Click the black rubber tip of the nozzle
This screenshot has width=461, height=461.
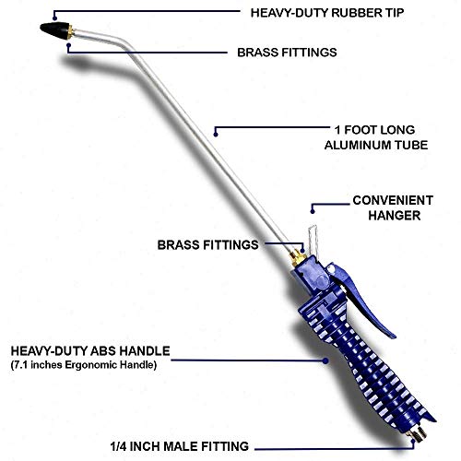click(54, 30)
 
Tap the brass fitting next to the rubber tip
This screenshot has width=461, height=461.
click(71, 32)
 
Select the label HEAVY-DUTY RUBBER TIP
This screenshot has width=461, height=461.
click(327, 13)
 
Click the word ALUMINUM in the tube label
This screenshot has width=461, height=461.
click(355, 145)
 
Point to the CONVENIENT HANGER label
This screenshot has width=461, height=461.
click(393, 207)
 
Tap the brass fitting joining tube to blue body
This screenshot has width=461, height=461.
click(298, 257)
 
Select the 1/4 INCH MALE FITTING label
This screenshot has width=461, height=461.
click(180, 446)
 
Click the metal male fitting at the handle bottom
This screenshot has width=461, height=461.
click(417, 434)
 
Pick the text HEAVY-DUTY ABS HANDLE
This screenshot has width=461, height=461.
click(90, 351)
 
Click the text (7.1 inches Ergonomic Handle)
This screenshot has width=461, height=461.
click(84, 365)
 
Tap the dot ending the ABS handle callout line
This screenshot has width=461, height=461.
click(325, 361)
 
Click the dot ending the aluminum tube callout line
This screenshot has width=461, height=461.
click(216, 135)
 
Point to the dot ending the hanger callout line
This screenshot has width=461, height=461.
click(313, 211)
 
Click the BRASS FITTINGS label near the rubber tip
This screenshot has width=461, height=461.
click(287, 53)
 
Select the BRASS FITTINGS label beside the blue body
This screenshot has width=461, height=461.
click(207, 245)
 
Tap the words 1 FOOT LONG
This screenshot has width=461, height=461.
click(374, 130)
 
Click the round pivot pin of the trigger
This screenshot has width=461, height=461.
click(331, 269)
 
